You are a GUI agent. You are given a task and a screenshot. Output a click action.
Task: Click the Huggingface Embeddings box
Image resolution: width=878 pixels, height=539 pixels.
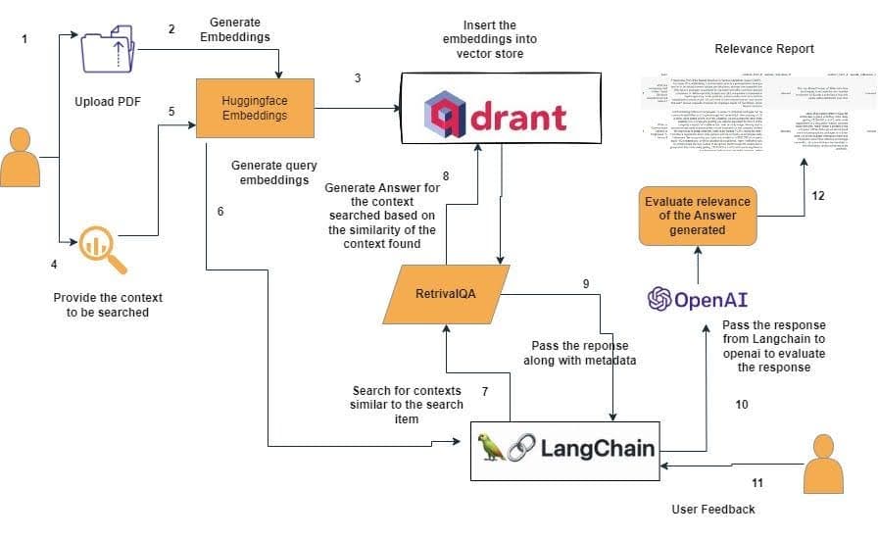[255, 107]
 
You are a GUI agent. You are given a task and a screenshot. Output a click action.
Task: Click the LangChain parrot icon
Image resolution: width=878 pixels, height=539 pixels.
[491, 448]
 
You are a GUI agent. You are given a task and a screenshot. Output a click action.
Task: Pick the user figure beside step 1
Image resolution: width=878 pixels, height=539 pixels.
[20, 156]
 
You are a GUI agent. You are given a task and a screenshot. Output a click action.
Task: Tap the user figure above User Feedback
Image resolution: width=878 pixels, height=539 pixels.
[822, 465]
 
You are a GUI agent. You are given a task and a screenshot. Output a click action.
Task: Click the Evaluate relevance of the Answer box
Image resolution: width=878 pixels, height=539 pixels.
[698, 215]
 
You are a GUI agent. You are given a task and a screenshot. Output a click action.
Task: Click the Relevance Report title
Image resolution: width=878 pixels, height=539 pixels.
[764, 48]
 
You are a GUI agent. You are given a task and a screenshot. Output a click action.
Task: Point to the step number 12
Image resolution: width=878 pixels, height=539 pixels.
[818, 196]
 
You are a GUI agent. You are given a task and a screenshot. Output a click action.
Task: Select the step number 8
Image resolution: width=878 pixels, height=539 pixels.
[446, 176]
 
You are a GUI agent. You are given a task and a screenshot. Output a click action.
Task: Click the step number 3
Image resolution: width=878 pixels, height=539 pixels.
[358, 77]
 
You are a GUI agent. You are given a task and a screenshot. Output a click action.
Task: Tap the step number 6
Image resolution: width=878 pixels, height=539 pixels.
[220, 212]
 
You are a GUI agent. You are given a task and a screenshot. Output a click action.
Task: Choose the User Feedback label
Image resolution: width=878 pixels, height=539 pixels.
[713, 509]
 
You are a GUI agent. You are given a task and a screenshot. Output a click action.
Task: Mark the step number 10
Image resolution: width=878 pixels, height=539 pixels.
[741, 403]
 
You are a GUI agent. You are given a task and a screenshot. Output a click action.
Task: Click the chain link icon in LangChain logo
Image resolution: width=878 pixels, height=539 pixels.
[522, 448]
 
